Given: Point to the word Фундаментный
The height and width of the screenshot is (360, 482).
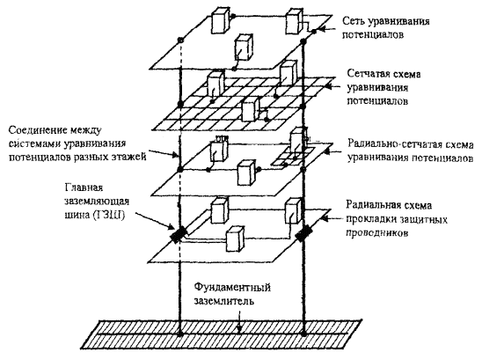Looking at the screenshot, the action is (232, 288).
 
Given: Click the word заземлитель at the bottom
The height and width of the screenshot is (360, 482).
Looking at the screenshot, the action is (224, 300).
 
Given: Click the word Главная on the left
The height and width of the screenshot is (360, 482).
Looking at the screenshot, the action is (84, 187).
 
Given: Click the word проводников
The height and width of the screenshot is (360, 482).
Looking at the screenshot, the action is (377, 233).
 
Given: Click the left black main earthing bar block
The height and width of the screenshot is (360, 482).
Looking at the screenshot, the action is (178, 234).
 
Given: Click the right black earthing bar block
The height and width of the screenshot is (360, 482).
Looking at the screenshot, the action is (303, 234).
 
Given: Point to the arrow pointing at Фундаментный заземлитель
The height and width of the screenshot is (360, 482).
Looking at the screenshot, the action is (239, 321).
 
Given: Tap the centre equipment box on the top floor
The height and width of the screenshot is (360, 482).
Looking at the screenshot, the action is (244, 47).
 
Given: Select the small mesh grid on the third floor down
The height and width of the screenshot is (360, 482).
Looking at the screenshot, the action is (292, 157).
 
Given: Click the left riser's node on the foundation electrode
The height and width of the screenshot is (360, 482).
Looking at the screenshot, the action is (180, 334).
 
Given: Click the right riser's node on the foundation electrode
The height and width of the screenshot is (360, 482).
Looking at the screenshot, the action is (303, 334).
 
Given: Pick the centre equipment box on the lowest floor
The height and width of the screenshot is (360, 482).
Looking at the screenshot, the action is (236, 239).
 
